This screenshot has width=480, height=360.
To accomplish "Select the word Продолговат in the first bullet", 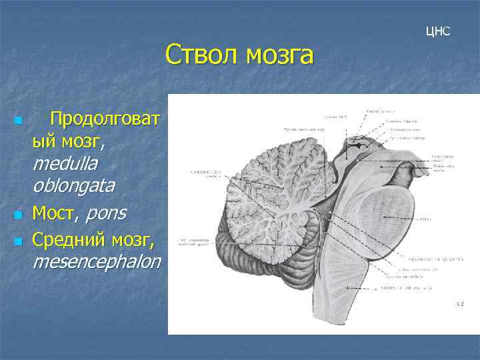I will coord(104,119).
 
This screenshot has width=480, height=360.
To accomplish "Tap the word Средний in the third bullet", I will coord(72,238).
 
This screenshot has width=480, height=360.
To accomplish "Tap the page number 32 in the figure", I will coord(459,304).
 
